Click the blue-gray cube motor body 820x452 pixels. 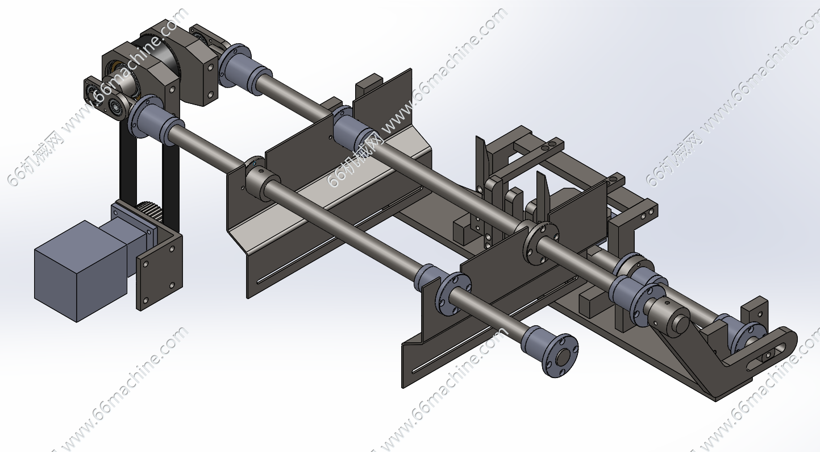coord(81,271)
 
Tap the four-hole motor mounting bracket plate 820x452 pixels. coord(159,271)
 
